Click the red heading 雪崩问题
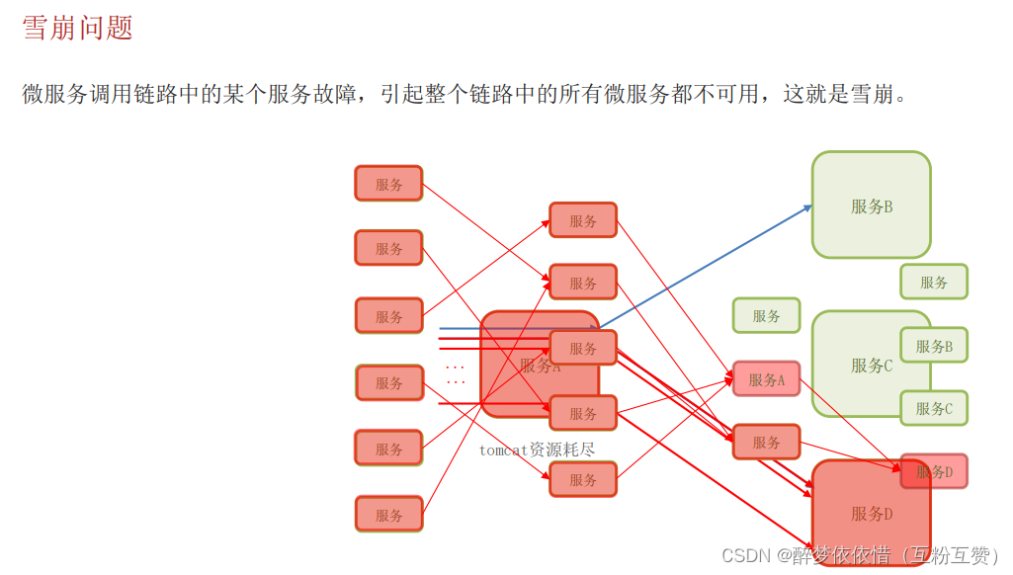click(x=77, y=28)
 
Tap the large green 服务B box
click(x=871, y=205)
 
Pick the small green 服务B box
click(x=934, y=346)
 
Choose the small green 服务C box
click(x=934, y=407)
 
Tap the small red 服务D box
click(x=934, y=471)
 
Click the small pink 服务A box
click(x=766, y=379)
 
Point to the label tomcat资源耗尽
click(x=537, y=450)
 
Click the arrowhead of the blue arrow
click(x=808, y=206)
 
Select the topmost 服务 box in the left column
click(x=388, y=184)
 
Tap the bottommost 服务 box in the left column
click(x=388, y=514)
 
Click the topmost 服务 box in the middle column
click(x=583, y=220)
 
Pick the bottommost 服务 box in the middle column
click(x=583, y=479)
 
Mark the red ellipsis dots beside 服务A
click(x=455, y=374)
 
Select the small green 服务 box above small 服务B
click(x=934, y=282)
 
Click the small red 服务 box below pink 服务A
click(x=766, y=442)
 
